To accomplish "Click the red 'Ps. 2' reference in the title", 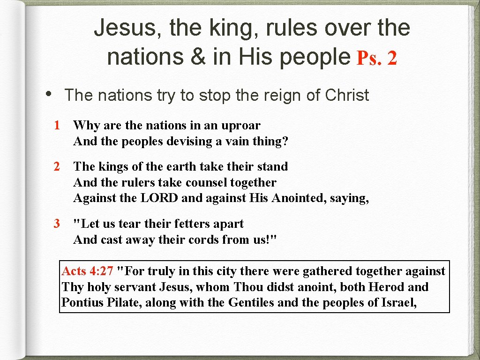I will pyautogui.click(x=377, y=58).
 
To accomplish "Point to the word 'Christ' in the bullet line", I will pyautogui.click(x=347, y=95).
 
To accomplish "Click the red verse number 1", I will pyautogui.click(x=57, y=125).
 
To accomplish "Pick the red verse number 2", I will pyautogui.click(x=57, y=166).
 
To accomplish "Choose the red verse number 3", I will pyautogui.click(x=57, y=224).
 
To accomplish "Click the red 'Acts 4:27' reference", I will pyautogui.click(x=88, y=271).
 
